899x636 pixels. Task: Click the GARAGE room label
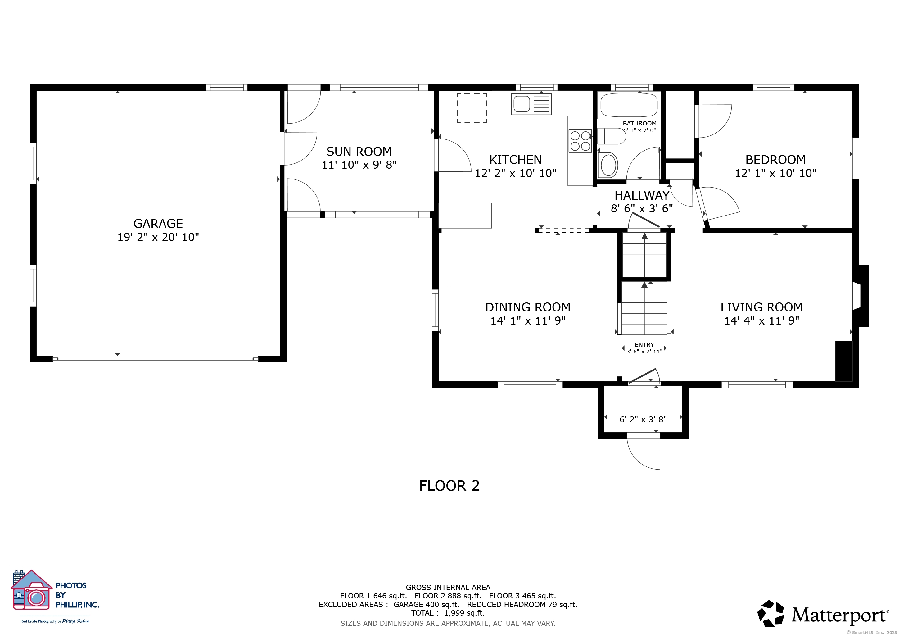point(158,224)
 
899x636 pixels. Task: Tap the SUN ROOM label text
point(359,152)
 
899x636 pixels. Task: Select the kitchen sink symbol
point(531,104)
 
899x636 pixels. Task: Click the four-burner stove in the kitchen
point(580,141)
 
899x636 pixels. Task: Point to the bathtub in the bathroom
point(629,105)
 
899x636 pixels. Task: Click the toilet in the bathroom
point(611,136)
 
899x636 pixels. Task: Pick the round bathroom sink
point(608,165)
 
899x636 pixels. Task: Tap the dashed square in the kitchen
point(472,108)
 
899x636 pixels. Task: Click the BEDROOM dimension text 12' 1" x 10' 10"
point(776,173)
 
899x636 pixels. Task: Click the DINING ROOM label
point(528,307)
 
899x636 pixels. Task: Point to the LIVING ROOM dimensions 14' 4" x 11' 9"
point(761,321)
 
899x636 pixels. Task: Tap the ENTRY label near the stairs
point(644,345)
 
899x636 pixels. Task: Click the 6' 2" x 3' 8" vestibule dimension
point(643,420)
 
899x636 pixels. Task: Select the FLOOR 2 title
point(449,486)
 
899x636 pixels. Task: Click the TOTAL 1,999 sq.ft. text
point(448,613)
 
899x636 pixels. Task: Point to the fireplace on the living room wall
point(861,296)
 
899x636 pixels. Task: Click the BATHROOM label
point(639,123)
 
